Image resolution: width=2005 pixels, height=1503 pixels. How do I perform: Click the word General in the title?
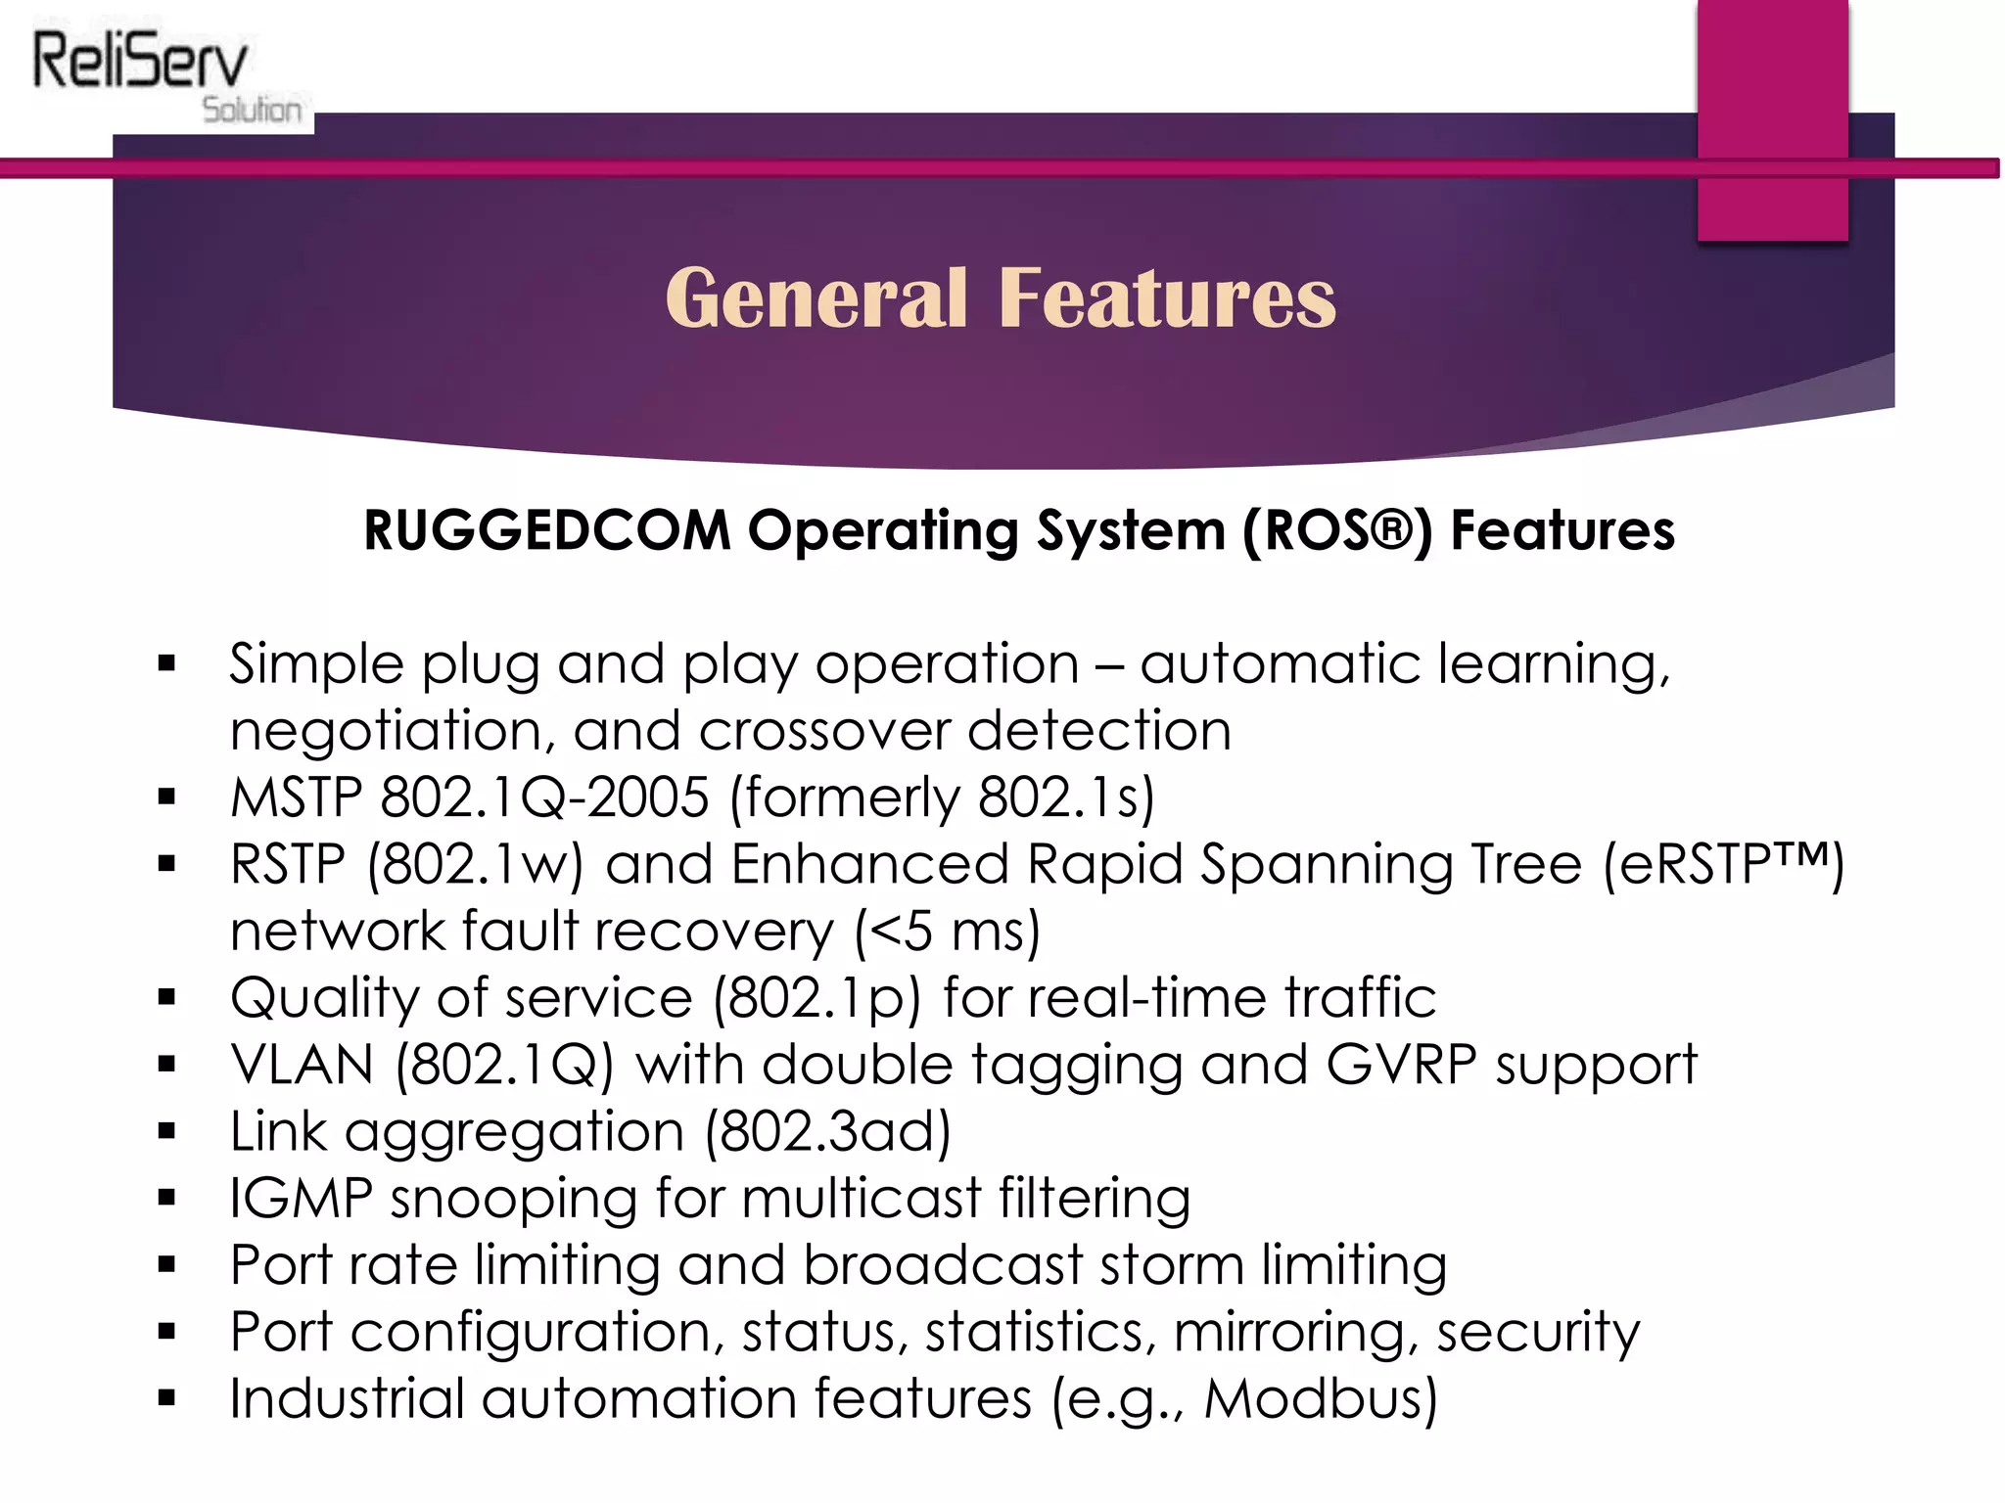click(816, 297)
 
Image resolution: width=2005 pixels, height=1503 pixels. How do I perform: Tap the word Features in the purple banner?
click(1167, 297)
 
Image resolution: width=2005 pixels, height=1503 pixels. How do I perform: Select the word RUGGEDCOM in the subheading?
click(547, 530)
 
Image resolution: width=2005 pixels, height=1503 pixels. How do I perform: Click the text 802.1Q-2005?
click(544, 797)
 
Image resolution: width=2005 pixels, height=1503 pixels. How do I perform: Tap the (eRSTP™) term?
click(1723, 865)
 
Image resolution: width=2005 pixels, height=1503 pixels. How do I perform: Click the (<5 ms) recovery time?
click(947, 932)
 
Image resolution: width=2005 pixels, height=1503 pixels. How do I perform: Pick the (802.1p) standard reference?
click(816, 998)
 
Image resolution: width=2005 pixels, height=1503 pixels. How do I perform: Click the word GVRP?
click(1401, 1065)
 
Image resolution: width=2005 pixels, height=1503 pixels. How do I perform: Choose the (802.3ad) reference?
click(828, 1132)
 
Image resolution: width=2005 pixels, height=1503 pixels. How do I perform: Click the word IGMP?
click(302, 1198)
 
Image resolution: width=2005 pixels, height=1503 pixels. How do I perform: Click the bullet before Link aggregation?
click(166, 1132)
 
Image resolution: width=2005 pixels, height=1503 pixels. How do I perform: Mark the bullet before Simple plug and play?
click(166, 664)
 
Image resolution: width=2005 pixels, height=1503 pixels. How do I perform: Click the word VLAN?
click(302, 1065)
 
